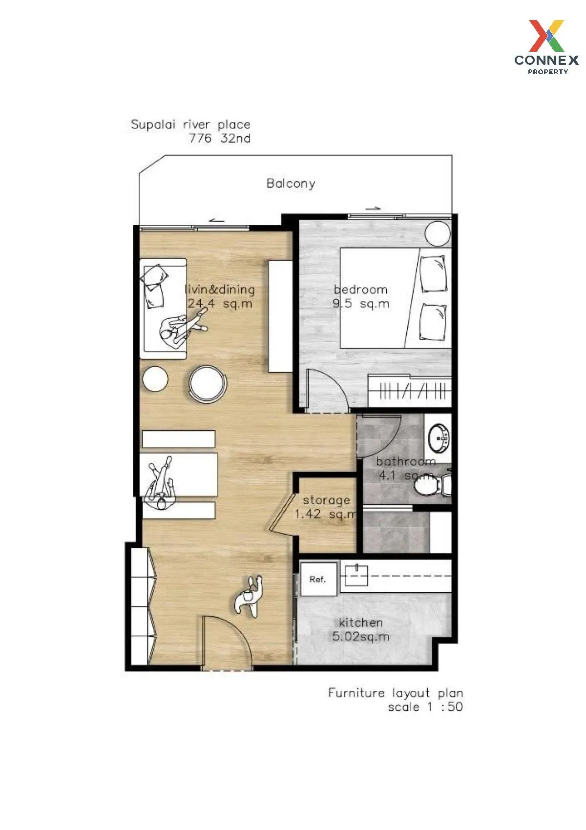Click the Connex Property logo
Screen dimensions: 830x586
point(547,47)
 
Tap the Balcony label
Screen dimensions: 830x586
point(291,184)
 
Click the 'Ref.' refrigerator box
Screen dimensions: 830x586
point(318,579)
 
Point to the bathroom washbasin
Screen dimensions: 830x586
point(438,437)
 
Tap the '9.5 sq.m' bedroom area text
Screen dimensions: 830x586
point(361,304)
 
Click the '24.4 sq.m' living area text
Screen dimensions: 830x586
point(220,304)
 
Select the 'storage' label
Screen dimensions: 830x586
point(326,500)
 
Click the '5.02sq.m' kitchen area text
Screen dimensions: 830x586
point(361,637)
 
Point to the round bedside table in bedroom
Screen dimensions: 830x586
point(437,233)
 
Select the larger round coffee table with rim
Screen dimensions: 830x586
point(208,384)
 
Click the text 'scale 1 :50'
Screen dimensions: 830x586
point(425,706)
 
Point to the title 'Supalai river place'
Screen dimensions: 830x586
point(190,124)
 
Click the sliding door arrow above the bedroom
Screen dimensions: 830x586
point(373,208)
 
